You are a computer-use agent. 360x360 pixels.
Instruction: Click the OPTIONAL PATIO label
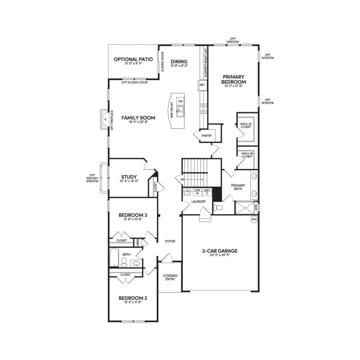pyautogui.click(x=133, y=59)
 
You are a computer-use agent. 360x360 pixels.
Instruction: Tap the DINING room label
pyautogui.click(x=179, y=62)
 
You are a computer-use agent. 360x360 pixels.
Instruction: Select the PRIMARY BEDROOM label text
pyautogui.click(x=234, y=79)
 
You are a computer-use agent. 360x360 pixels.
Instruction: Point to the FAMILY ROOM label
pyautogui.click(x=139, y=118)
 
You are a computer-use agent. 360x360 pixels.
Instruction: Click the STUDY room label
pyautogui.click(x=128, y=177)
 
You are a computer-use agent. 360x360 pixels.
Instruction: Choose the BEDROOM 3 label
pyautogui.click(x=133, y=215)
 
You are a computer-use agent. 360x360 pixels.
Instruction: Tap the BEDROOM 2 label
pyautogui.click(x=133, y=298)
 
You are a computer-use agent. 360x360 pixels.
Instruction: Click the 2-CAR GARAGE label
pyautogui.click(x=220, y=251)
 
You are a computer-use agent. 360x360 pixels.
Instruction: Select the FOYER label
pyautogui.click(x=170, y=241)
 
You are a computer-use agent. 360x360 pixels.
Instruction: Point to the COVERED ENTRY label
pyautogui.click(x=170, y=277)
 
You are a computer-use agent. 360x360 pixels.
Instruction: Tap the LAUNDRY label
pyautogui.click(x=198, y=201)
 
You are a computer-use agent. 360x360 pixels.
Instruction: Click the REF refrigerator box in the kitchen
pyautogui.click(x=202, y=84)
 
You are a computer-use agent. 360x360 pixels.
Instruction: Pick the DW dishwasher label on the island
pyautogui.click(x=180, y=101)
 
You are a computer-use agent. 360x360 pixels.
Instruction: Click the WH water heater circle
pyautogui.click(x=254, y=220)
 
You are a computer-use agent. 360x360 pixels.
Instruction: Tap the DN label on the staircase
pyautogui.click(x=183, y=180)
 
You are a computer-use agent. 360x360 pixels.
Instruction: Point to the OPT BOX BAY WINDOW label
pyautogui.click(x=92, y=178)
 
